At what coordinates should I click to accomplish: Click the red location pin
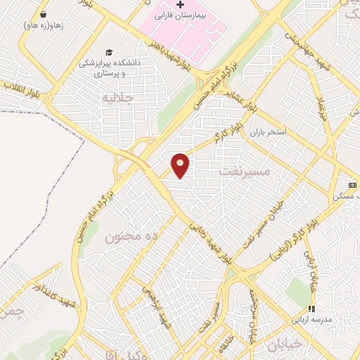(x=181, y=165)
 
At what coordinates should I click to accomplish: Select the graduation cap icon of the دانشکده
(x=108, y=52)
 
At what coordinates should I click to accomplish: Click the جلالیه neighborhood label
(x=117, y=97)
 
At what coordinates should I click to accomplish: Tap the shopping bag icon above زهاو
(x=43, y=14)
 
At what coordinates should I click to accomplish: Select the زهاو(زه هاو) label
(x=43, y=25)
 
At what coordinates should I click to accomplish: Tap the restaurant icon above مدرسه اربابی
(x=311, y=309)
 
